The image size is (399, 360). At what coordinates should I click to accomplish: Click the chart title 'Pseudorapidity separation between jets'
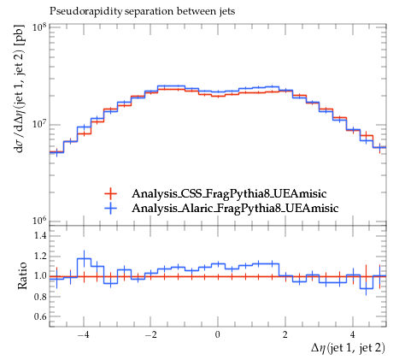[x=143, y=11]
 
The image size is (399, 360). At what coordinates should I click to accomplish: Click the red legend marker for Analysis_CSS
[x=110, y=194]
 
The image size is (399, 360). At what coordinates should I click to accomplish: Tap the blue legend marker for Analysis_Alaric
[x=110, y=209]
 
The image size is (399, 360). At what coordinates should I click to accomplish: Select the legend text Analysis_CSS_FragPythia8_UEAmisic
[x=229, y=194]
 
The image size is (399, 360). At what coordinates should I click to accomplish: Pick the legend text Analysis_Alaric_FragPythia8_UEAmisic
[x=235, y=209]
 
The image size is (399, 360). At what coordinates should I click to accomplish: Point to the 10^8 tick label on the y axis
[x=39, y=27]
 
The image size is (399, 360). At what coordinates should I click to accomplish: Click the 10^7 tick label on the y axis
[x=39, y=124]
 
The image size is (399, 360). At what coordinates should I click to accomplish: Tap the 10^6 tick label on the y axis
[x=39, y=221]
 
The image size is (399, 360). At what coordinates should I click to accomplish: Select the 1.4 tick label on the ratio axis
[x=40, y=235]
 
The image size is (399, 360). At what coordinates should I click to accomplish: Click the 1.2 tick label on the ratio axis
[x=40, y=256]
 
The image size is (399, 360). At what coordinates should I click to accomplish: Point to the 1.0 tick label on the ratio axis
[x=40, y=276]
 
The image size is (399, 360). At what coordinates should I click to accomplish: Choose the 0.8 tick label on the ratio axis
[x=40, y=297]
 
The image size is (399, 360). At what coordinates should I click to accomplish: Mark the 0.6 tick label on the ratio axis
[x=40, y=316]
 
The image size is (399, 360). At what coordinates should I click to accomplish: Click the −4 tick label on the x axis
[x=84, y=334]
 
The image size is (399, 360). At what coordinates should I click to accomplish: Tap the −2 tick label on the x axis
[x=151, y=334]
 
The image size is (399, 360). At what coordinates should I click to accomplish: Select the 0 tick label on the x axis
[x=218, y=334]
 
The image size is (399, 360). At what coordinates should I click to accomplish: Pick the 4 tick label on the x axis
[x=353, y=334]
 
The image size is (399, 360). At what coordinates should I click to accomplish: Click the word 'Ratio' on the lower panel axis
[x=23, y=275]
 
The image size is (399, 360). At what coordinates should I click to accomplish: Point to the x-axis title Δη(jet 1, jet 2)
[x=348, y=348]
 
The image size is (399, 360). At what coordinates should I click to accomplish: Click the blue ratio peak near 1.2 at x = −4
[x=84, y=258]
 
